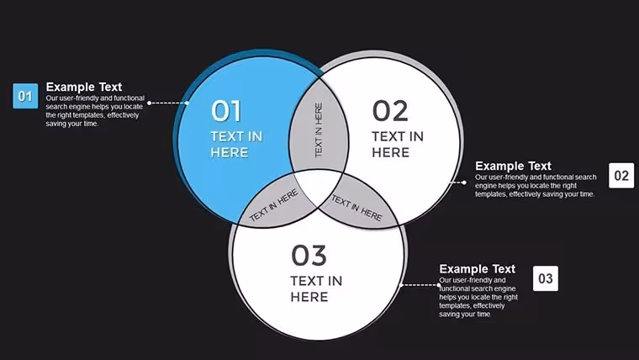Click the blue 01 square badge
pos(25,96)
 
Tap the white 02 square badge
pos(621,175)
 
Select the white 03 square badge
pos(546,278)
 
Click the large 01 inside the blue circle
pos(226,111)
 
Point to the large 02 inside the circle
pos(390,111)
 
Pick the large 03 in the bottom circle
pos(309,255)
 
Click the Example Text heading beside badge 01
pos(84,87)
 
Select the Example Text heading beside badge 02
pos(513,166)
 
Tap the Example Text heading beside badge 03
pos(478,269)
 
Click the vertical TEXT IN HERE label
pos(319,130)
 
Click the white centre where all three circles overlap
pos(319,186)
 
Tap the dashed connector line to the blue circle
pos(168,103)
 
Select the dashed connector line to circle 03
pos(420,285)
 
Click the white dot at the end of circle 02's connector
pos(464,183)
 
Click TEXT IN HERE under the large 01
pos(236,145)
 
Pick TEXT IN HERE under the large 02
pos(398,145)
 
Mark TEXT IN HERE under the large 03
pos(316,289)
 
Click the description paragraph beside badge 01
pos(95,111)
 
